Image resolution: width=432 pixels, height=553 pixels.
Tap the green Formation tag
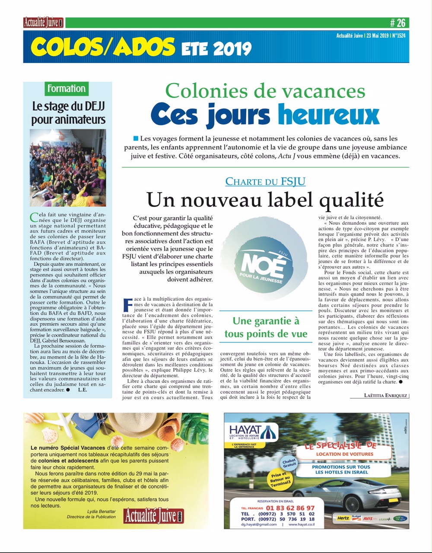[x=67, y=89]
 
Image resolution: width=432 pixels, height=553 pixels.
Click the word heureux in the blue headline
[x=328, y=114]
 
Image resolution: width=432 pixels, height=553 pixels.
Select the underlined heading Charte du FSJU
[x=265, y=181]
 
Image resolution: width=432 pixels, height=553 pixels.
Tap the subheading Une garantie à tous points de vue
[x=266, y=327]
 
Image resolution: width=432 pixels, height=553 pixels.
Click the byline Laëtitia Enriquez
[x=385, y=395]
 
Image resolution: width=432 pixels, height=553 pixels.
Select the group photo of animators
[x=68, y=168]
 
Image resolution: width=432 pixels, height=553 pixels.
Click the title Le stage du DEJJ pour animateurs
[x=68, y=113]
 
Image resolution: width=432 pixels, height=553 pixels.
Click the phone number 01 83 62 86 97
[x=290, y=508]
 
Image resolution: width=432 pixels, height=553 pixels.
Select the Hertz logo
[x=343, y=518]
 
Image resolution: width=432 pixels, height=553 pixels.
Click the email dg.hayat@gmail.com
[x=259, y=524]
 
